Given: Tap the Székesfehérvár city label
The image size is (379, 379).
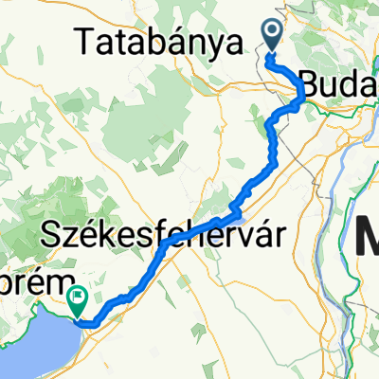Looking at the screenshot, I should [165, 231].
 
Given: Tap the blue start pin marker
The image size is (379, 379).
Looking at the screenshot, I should [272, 36].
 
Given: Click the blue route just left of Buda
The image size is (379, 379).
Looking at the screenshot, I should [300, 91].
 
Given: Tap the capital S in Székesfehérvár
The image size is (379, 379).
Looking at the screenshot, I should [53, 232].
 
